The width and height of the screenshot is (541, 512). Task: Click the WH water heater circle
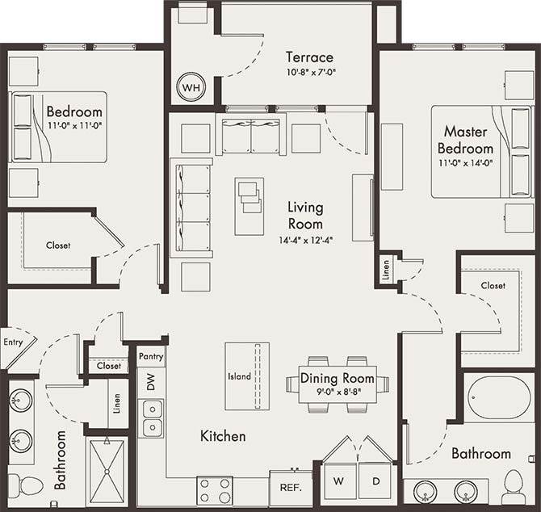tap(191, 87)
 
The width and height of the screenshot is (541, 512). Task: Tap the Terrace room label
tap(308, 57)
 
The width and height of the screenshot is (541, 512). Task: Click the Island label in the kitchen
tap(240, 376)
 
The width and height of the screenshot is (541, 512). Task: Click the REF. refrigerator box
tap(290, 488)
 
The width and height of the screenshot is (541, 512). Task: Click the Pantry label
tap(151, 356)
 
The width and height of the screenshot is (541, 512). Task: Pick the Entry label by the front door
tap(13, 342)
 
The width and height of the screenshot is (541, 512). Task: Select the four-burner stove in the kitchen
tap(216, 489)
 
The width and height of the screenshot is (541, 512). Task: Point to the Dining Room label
tap(338, 378)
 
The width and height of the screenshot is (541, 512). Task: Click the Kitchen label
tap(223, 436)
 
